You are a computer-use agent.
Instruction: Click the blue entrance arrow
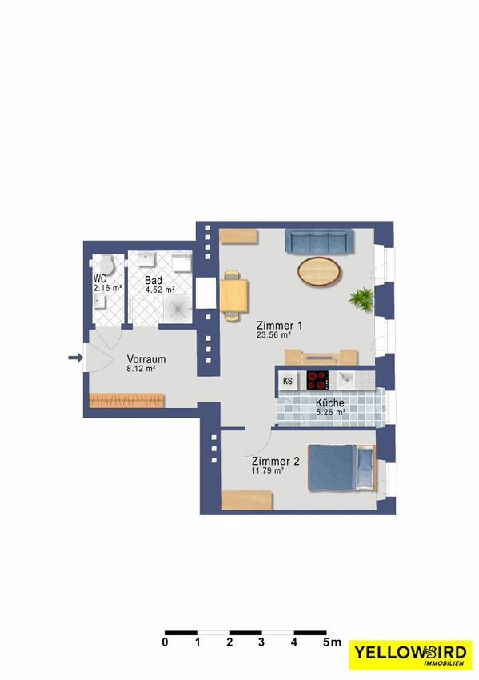(75, 358)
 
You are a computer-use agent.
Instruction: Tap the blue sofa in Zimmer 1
(318, 242)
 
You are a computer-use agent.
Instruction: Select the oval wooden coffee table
(319, 271)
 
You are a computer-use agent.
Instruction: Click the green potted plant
(361, 299)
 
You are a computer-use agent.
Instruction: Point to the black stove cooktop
(317, 380)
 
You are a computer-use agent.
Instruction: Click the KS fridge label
(288, 381)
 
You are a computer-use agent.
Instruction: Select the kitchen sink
(346, 380)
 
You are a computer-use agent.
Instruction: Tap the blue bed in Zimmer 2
(341, 468)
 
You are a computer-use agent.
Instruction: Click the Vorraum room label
(146, 359)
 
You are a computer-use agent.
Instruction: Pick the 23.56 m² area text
(273, 334)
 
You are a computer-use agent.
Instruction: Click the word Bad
(154, 281)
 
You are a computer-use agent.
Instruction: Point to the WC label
(100, 278)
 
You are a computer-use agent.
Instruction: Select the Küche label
(330, 402)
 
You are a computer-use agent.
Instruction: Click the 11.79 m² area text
(268, 470)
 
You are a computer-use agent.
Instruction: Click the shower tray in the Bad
(178, 310)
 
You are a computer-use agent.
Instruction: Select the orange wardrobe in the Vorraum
(126, 400)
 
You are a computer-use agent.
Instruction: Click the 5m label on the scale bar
(332, 642)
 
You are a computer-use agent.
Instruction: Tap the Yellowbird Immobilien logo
(410, 654)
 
